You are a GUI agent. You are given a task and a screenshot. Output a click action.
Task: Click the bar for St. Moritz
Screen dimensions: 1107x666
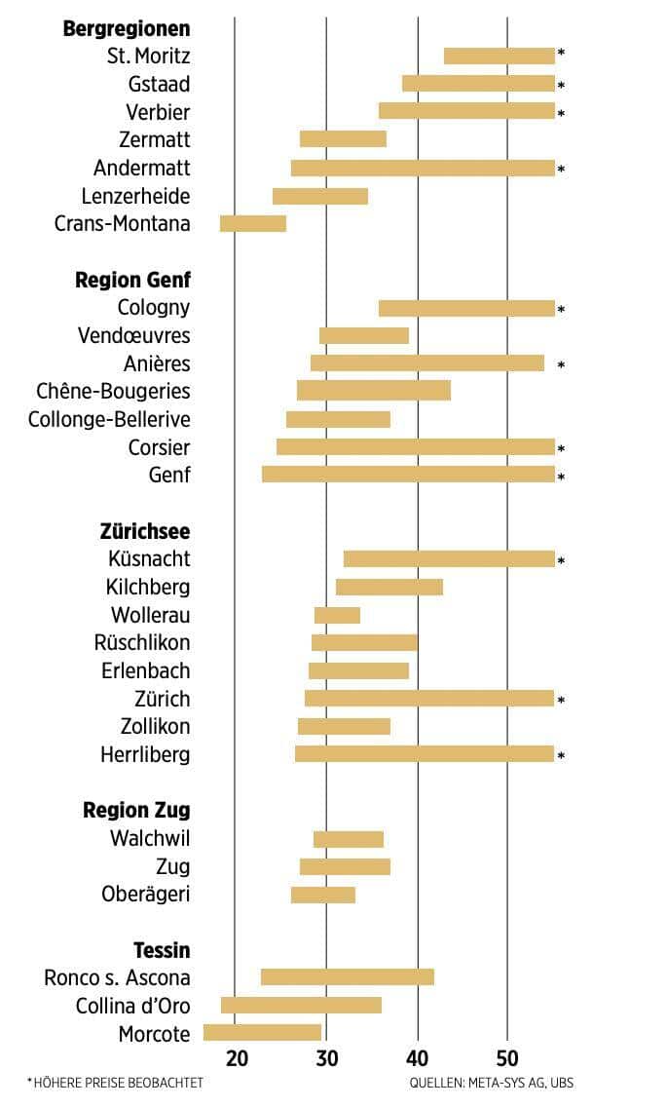pos(499,56)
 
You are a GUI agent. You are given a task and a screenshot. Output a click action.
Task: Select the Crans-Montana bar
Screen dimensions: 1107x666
pos(253,224)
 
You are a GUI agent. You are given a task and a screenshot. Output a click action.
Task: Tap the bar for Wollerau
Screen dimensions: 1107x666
pos(337,615)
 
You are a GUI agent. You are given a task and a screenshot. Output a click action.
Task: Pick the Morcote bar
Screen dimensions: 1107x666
pos(262,1033)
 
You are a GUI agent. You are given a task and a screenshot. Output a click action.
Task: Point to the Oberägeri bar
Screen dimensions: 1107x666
pos(323,895)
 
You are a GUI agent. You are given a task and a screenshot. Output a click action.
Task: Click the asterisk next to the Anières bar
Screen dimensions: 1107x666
pos(561,365)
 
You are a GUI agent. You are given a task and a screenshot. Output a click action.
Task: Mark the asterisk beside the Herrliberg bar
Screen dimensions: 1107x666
pos(561,755)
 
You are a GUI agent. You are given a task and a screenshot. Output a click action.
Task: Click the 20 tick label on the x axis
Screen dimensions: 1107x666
pos(237,1059)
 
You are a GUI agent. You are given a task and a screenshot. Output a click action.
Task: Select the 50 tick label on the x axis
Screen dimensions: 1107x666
pos(507,1059)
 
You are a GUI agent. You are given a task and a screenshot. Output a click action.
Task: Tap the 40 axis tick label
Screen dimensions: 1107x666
pos(418,1059)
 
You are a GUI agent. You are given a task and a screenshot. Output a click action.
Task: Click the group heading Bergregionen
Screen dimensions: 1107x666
pos(127,28)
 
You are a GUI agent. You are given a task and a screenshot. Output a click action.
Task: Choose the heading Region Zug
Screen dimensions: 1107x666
pos(136,811)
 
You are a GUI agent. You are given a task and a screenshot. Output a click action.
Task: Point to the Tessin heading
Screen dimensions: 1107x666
pos(162,950)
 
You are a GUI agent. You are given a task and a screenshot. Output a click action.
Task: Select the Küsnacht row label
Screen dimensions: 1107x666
pos(150,559)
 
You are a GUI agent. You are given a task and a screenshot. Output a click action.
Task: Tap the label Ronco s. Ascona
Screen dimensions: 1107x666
pos(118,977)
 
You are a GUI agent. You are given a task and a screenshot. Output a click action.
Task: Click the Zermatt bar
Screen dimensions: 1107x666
pos(343,139)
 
